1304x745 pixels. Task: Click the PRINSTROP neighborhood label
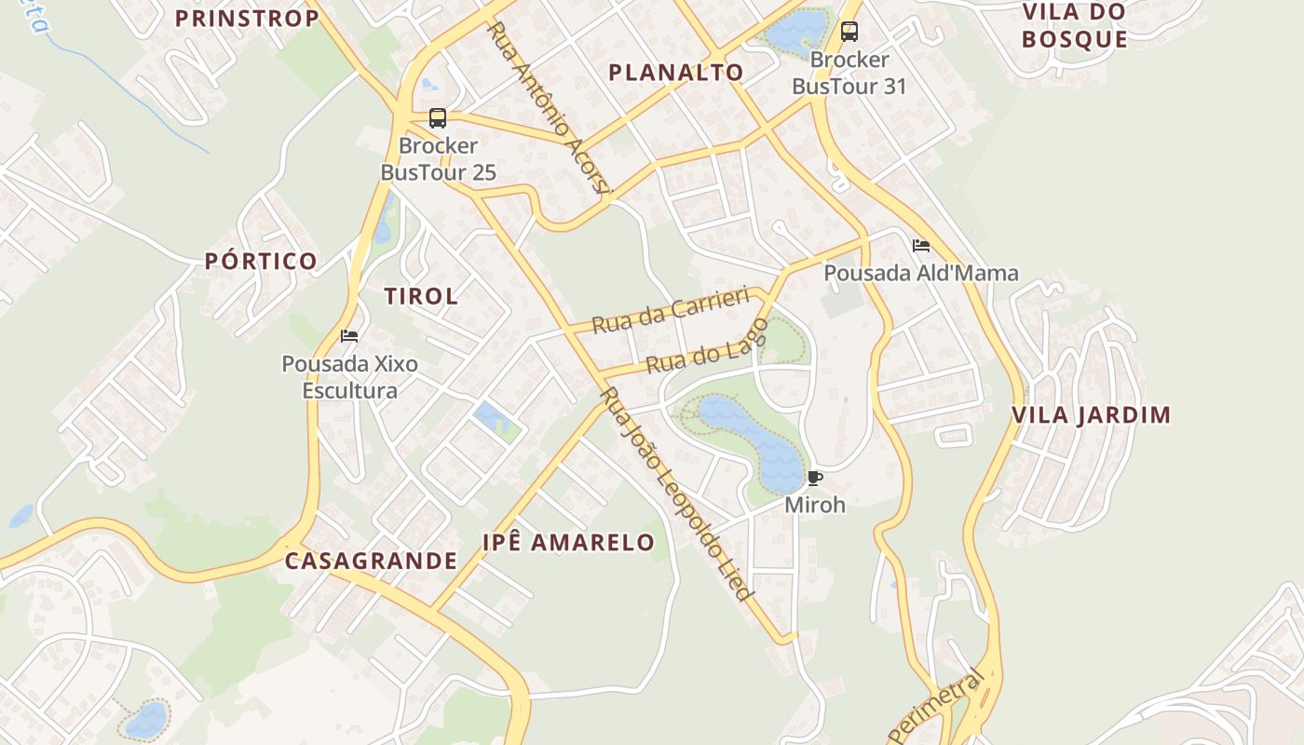pos(247,19)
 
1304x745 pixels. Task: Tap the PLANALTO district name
pos(676,73)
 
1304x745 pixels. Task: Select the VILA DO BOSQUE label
pos(1074,26)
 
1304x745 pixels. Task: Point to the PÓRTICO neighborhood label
pos(262,262)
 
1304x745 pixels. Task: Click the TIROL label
pos(421,297)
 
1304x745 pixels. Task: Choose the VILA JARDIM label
pos(1092,415)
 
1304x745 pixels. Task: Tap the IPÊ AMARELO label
pos(568,543)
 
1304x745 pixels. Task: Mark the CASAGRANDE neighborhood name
pos(371,562)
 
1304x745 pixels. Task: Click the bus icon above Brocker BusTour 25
pos(438,118)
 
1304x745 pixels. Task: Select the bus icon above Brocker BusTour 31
pos(849,32)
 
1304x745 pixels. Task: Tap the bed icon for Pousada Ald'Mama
pos(921,246)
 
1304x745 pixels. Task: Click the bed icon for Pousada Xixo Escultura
pos(349,336)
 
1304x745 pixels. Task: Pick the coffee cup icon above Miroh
pos(815,479)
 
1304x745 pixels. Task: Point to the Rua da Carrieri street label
pos(671,310)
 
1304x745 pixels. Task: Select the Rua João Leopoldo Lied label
pos(676,494)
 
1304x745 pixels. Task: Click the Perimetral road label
pos(937,708)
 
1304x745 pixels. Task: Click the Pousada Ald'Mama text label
pos(921,274)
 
